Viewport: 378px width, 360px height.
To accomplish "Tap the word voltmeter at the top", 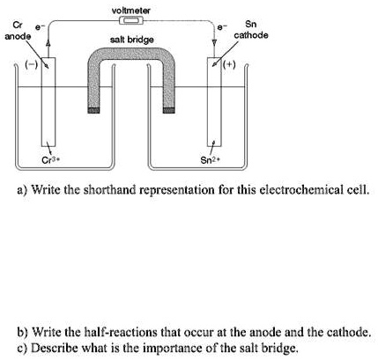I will [x=132, y=9].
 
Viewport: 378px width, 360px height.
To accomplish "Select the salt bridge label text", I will [x=132, y=40].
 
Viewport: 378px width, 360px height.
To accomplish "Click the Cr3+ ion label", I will [x=51, y=159].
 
